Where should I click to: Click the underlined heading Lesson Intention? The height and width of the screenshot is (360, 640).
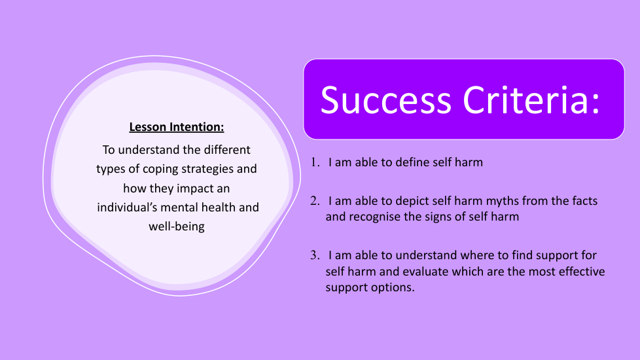click(177, 127)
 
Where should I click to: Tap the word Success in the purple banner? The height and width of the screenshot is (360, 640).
click(385, 100)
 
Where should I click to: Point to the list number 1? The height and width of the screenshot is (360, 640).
click(315, 162)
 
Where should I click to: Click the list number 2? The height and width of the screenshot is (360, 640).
click(315, 201)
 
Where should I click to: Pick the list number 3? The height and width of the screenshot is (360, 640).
click(315, 255)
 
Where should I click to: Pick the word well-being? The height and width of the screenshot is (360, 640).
click(177, 226)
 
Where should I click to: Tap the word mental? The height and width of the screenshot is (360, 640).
click(178, 207)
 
